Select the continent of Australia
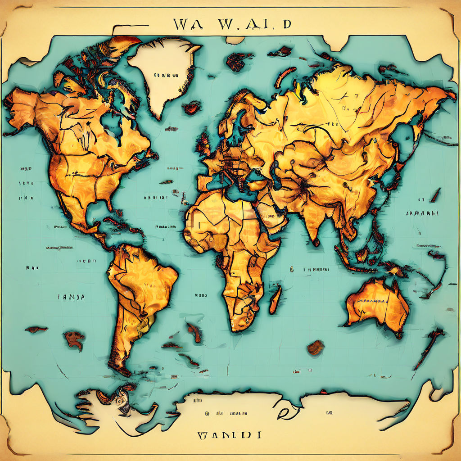(378, 306)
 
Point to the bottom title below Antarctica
(230, 435)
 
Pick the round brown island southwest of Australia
(316, 347)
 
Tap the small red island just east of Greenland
(193, 108)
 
